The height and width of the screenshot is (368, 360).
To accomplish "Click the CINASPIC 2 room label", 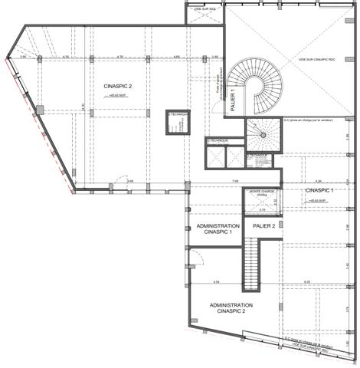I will point(118,87).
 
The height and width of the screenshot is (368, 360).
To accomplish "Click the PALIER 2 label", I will point(263,226).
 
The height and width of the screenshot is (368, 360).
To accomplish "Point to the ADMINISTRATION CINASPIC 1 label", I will point(219,229).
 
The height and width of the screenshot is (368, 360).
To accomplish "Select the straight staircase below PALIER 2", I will point(253,264).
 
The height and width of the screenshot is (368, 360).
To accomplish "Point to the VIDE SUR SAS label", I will point(207,7).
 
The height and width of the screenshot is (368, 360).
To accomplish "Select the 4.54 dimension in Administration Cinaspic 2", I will point(216,281).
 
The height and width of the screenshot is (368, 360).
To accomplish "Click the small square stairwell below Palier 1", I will point(262,136).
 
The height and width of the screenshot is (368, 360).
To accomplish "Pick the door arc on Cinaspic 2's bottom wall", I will point(112,186).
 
